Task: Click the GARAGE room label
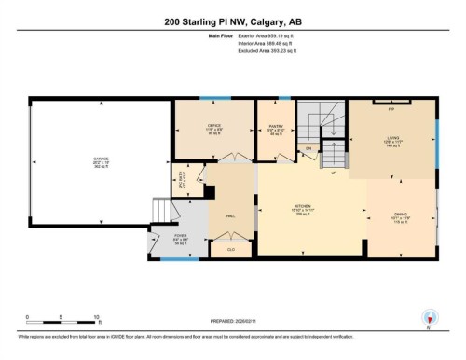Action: (101, 159)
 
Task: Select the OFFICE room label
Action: (213, 128)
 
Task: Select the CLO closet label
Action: (229, 249)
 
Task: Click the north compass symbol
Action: (430, 317)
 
